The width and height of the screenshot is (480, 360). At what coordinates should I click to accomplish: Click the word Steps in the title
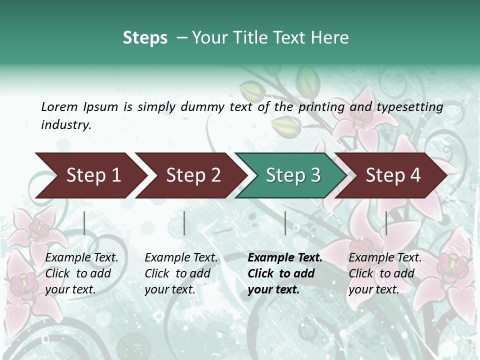click(145, 38)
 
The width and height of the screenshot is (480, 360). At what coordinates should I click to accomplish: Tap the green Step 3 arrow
click(293, 175)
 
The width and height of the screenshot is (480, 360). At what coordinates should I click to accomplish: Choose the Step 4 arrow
click(393, 175)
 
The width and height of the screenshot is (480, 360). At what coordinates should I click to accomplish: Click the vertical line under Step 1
click(84, 223)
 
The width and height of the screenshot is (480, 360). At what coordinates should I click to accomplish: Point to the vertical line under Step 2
click(184, 223)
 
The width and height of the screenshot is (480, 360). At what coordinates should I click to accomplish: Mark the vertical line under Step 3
click(285, 223)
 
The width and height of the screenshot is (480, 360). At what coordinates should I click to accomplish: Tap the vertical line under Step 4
click(386, 223)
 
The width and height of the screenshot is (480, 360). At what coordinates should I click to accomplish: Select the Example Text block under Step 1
click(81, 273)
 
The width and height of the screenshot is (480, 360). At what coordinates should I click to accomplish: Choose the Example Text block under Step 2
click(181, 273)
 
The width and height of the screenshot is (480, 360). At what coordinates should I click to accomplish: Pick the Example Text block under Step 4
click(385, 273)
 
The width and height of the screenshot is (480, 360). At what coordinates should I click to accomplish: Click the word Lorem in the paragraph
click(59, 106)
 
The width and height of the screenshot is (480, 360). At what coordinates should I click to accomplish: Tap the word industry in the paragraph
click(65, 125)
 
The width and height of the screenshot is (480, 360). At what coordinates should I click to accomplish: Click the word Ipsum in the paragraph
click(100, 107)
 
